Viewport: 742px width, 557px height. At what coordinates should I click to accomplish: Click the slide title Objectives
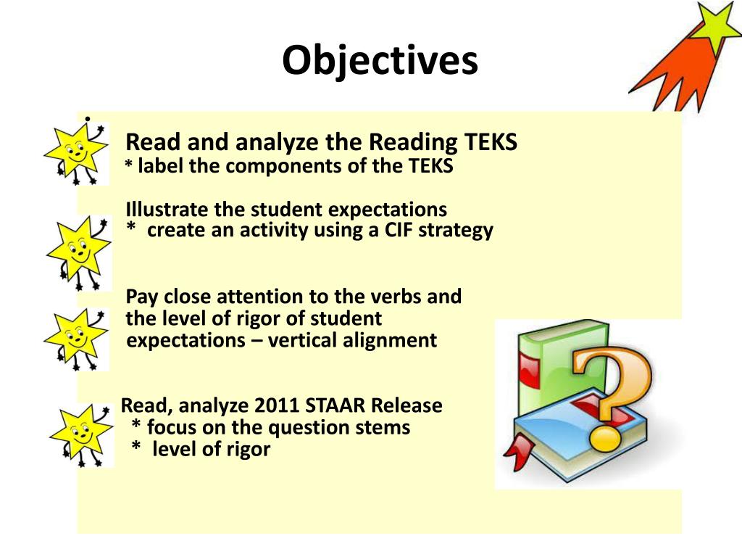pyautogui.click(x=380, y=60)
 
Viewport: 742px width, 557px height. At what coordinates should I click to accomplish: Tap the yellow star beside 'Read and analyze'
pyautogui.click(x=75, y=153)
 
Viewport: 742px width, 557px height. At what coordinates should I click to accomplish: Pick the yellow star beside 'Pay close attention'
pyautogui.click(x=75, y=337)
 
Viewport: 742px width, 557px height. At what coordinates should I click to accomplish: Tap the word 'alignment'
pyautogui.click(x=390, y=340)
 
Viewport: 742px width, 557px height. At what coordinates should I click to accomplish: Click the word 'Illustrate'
pyautogui.click(x=167, y=210)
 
